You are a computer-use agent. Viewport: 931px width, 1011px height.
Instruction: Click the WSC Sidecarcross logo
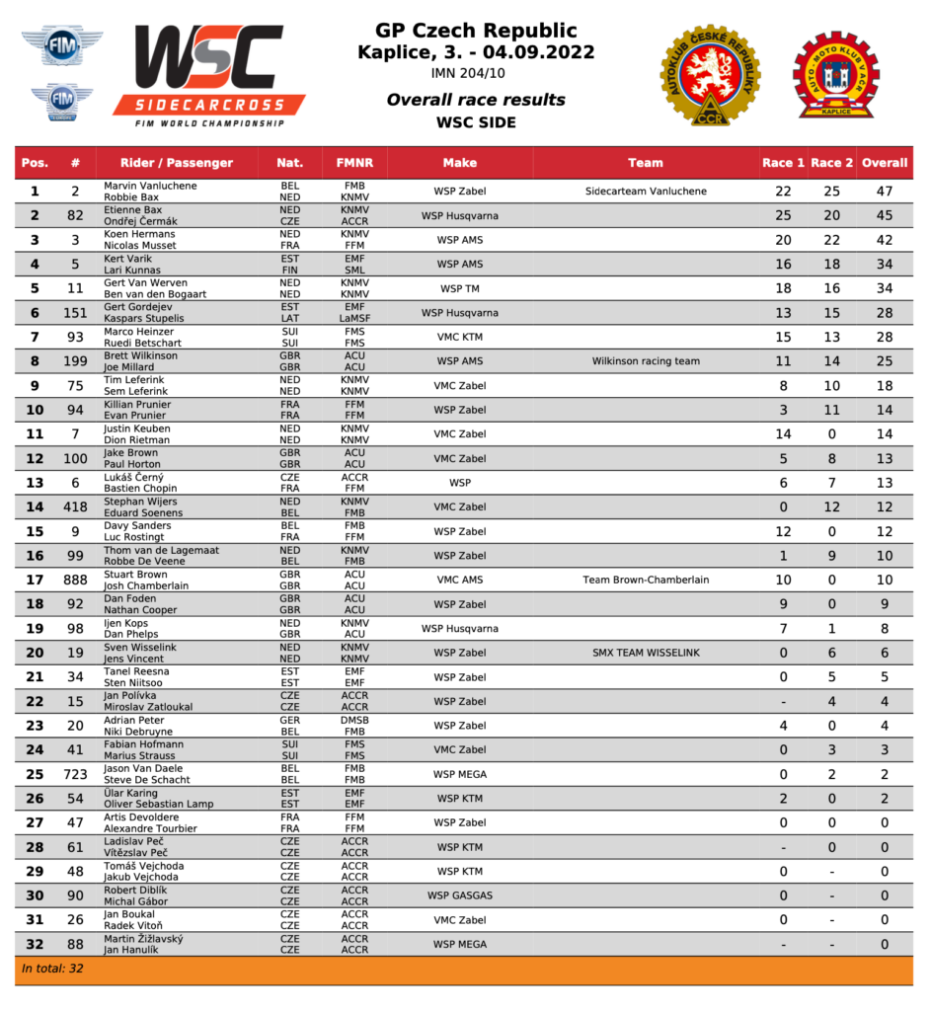[208, 74]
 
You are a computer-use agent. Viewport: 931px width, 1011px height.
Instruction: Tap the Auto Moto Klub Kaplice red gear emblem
[835, 75]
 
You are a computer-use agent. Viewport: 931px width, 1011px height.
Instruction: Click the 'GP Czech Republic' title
[476, 31]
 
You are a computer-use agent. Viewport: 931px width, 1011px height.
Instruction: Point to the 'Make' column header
[459, 163]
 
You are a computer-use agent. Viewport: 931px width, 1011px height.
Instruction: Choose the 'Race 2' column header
[832, 163]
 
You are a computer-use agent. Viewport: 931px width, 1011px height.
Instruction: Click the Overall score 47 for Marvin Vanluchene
[884, 192]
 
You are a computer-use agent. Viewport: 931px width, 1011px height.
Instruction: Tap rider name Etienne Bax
[132, 210]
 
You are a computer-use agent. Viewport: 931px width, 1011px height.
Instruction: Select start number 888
[75, 580]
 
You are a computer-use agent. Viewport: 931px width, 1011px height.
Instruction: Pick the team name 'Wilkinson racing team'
[646, 361]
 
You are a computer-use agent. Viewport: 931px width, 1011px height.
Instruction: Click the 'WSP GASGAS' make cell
[459, 895]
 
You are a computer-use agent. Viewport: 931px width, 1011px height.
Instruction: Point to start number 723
[75, 774]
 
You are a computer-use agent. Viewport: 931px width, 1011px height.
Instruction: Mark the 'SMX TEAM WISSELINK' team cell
[646, 653]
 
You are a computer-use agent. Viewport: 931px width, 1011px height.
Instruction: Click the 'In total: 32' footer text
[52, 969]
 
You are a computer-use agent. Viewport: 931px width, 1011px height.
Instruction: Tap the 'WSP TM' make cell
[459, 288]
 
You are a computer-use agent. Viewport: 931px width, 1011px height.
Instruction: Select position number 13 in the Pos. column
[35, 483]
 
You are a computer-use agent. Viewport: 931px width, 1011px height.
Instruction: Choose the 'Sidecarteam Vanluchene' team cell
[646, 192]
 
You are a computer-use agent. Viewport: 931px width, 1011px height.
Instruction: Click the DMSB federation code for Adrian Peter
[354, 720]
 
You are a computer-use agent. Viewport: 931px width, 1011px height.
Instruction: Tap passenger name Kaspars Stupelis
[143, 319]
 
